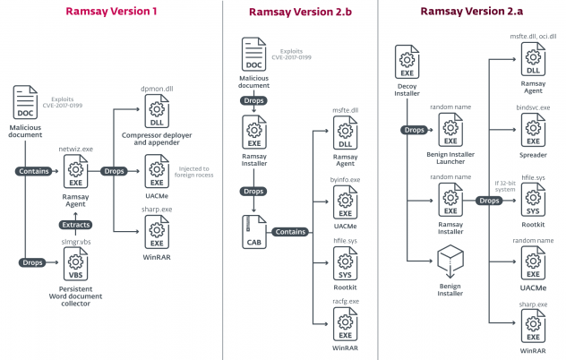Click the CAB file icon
click(254, 231)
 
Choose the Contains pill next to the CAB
click(296, 230)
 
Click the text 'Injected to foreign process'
click(193, 172)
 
